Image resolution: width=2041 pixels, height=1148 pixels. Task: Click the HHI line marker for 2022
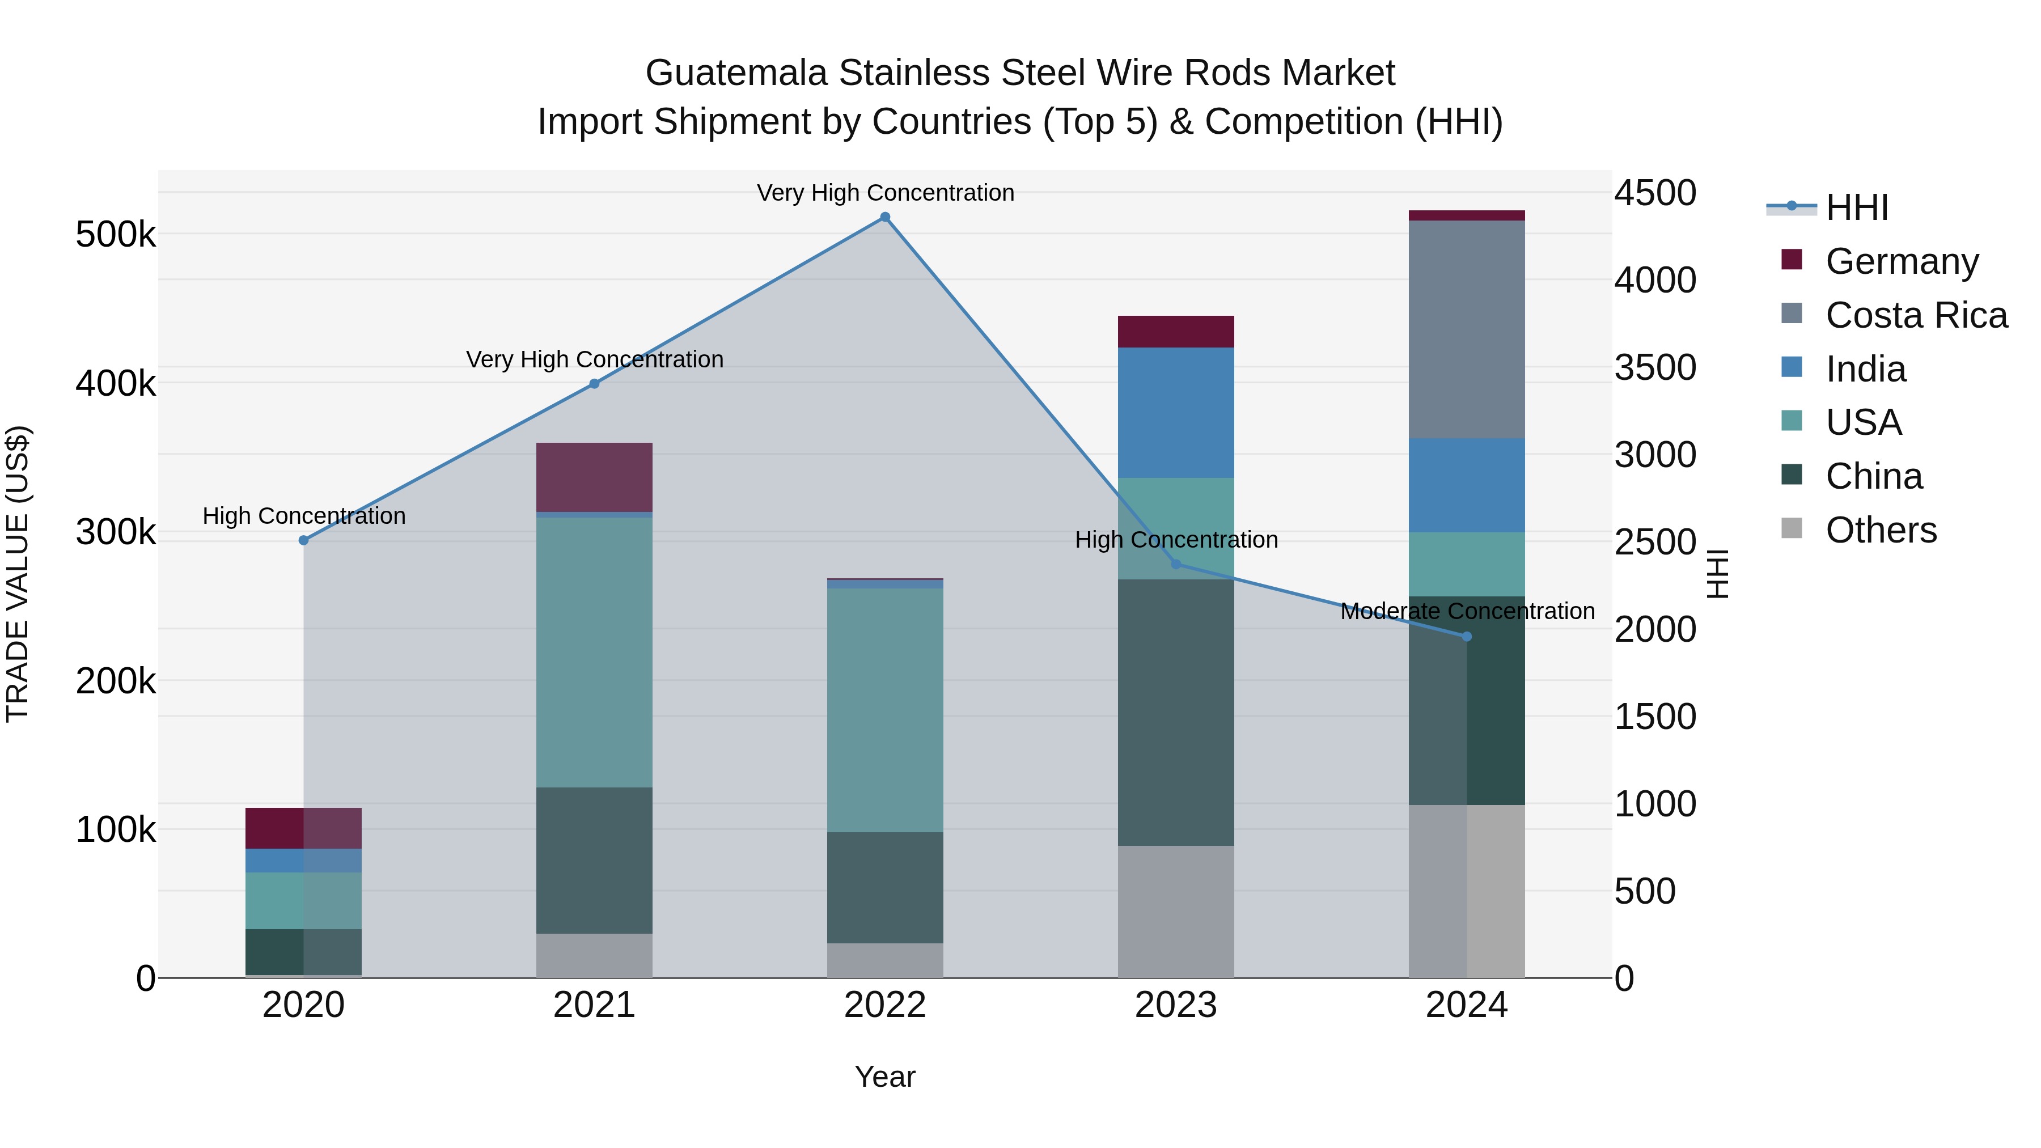coord(885,217)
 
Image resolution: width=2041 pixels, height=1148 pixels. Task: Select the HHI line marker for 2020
coord(303,540)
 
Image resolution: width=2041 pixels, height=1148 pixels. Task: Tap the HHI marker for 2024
coord(1467,636)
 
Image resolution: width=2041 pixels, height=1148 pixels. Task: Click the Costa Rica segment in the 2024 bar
coord(1467,329)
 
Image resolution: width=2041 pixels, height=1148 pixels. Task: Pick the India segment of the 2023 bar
coord(1176,412)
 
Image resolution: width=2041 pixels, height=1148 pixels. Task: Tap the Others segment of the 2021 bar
coord(594,955)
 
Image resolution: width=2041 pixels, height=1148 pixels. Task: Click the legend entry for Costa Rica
coord(1916,315)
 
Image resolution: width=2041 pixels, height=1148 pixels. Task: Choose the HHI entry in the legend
coord(1856,207)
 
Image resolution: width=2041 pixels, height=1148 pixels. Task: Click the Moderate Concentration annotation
coord(1467,612)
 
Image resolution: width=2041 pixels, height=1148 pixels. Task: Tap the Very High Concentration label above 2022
coord(885,193)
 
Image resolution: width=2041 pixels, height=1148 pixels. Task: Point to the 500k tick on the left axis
coord(116,235)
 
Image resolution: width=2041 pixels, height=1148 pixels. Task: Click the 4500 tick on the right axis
coord(1654,193)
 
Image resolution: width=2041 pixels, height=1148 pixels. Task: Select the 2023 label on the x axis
coord(1176,1005)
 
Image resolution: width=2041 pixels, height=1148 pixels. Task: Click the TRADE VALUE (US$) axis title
coord(18,574)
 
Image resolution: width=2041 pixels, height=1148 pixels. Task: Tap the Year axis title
coord(885,1077)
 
